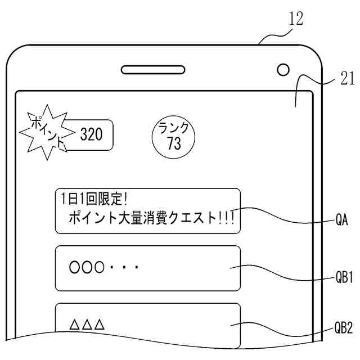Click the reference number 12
tap(296, 19)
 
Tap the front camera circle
tap(283, 70)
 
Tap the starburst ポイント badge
tap(46, 133)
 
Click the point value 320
tap(92, 135)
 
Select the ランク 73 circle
tap(174, 136)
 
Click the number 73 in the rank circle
tap(174, 144)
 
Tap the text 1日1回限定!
tap(94, 199)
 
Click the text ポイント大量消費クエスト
tap(142, 217)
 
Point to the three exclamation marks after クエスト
tap(226, 217)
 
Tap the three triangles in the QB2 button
tap(87, 325)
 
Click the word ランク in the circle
tap(174, 127)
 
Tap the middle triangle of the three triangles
tap(87, 325)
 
